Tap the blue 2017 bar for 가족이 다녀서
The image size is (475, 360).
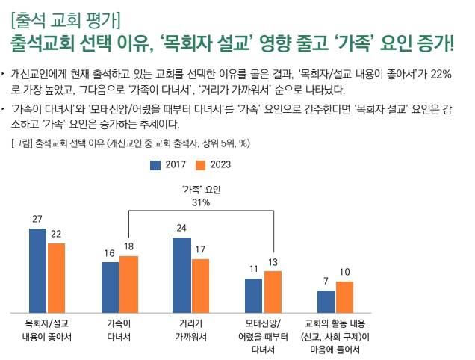click(110, 288)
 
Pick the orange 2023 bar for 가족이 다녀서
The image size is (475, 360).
click(128, 284)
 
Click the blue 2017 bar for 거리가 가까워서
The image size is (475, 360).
click(181, 275)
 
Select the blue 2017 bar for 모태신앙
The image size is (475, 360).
click(254, 296)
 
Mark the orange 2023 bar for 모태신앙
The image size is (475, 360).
click(273, 292)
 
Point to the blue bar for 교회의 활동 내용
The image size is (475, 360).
click(326, 302)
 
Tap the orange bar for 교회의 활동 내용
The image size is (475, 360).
click(344, 297)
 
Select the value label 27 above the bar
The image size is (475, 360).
click(37, 220)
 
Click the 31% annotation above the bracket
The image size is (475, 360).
click(201, 202)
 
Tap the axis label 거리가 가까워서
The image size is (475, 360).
click(190, 329)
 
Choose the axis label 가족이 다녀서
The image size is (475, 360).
click(119, 329)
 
